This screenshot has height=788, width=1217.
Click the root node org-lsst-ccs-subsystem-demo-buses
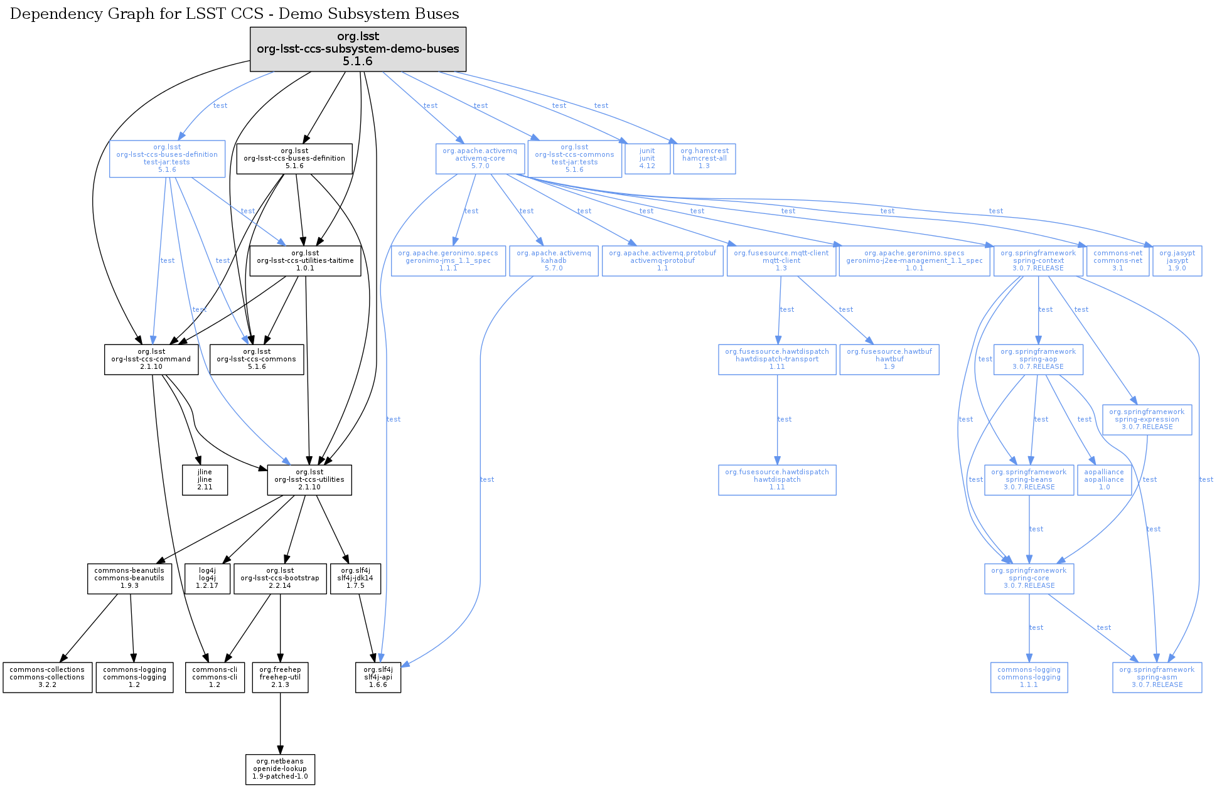pos(358,49)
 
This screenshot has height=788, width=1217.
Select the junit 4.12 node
pos(647,159)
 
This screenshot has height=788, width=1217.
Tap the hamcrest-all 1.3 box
pos(704,159)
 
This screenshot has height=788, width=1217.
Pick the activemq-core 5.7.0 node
pos(480,159)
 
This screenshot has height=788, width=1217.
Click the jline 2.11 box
pos(205,480)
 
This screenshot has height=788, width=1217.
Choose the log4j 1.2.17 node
pos(207,578)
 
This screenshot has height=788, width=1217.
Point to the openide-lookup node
pos(280,769)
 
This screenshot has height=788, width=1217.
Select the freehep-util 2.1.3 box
pos(280,678)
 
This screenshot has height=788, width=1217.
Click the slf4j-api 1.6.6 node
pos(378,678)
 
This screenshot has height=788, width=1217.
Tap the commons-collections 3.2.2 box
pos(47,678)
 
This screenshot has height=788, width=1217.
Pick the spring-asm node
pos(1157,678)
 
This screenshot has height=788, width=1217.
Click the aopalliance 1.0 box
pos(1104,480)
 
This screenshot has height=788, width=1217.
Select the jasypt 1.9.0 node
pos(1177,261)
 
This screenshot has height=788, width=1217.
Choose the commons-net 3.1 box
pos(1118,261)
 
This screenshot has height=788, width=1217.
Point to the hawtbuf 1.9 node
pos(889,359)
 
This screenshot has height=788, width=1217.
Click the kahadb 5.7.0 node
pos(554,261)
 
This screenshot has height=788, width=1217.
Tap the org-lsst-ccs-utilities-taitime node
pos(305,261)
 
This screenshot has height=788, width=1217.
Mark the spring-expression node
pos(1147,420)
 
